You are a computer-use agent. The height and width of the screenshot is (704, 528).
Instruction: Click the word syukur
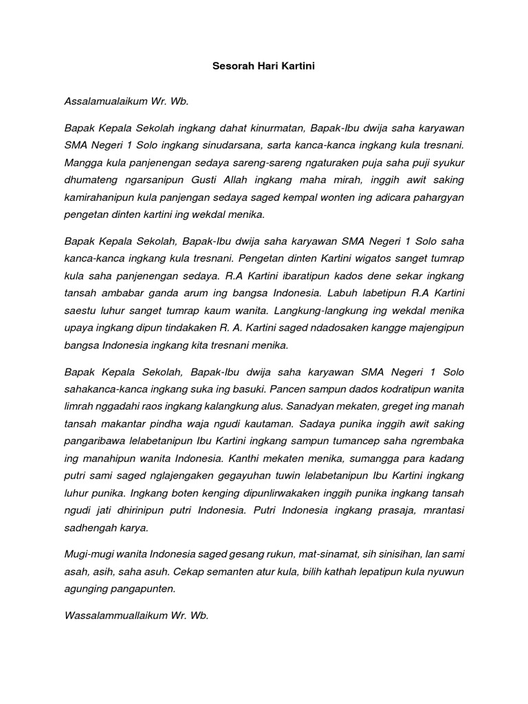tap(445, 162)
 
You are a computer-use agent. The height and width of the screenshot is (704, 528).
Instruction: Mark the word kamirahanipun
tap(97, 197)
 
